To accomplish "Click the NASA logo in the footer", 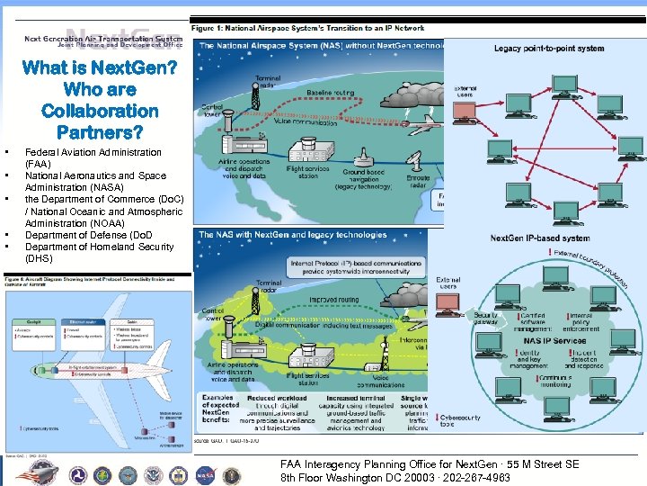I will [x=206, y=473].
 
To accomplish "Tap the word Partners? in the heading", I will [x=100, y=132].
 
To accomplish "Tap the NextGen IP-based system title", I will [x=540, y=238].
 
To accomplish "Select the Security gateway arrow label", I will [x=485, y=320].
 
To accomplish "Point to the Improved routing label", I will [x=334, y=301].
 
